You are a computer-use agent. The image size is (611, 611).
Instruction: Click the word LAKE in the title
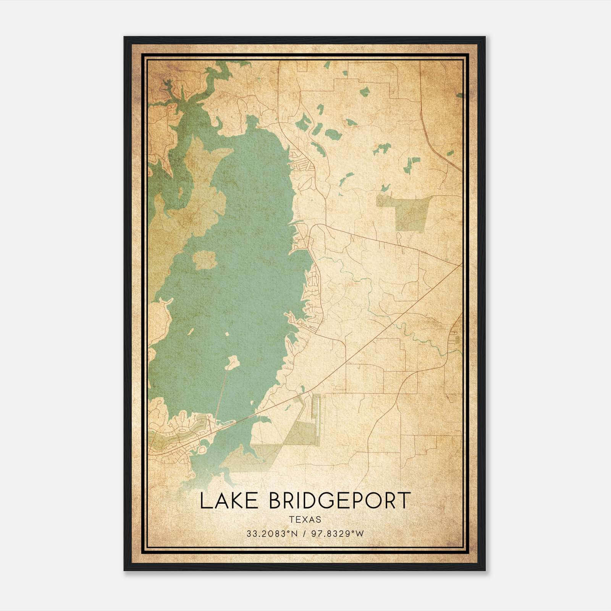pos(229,501)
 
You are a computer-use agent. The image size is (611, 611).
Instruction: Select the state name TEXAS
pos(305,519)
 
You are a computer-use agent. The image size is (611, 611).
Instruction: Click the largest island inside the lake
pos(205,260)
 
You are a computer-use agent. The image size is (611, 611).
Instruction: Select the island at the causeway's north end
pos(232,362)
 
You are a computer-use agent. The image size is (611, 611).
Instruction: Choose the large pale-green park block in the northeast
pos(406,212)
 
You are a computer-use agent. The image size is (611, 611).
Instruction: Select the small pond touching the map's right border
pos(459,95)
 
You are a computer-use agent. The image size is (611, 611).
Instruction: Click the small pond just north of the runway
pos(302,389)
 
